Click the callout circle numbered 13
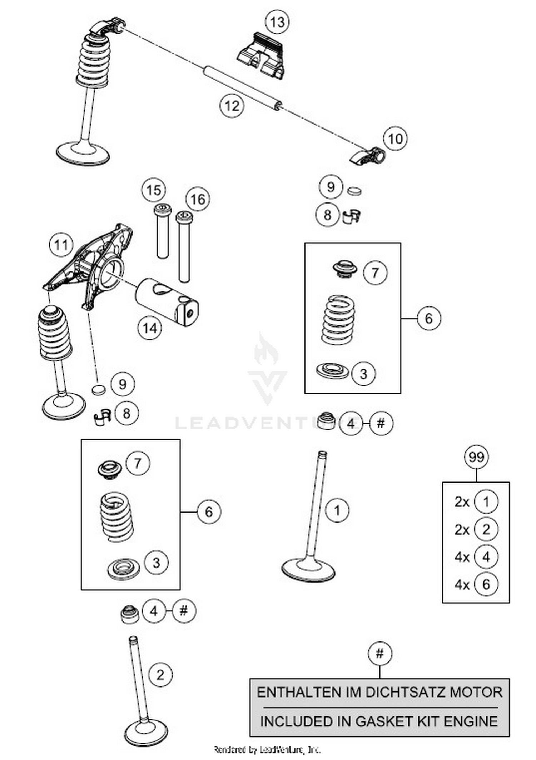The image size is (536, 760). (x=277, y=22)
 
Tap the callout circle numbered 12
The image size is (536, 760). (x=232, y=106)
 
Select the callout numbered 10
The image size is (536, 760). (x=395, y=139)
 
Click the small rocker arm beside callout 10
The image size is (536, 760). (x=367, y=156)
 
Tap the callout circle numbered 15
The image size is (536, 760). (x=154, y=190)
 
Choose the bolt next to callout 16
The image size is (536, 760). (x=184, y=246)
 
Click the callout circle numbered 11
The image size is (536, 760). (x=61, y=245)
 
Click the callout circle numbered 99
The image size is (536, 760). (x=476, y=457)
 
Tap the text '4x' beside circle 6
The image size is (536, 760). (x=462, y=585)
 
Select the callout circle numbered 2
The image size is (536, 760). (x=160, y=675)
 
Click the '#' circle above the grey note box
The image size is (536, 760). (x=379, y=654)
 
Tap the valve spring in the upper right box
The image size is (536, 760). (x=338, y=320)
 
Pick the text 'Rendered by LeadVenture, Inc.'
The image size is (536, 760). (x=267, y=749)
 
